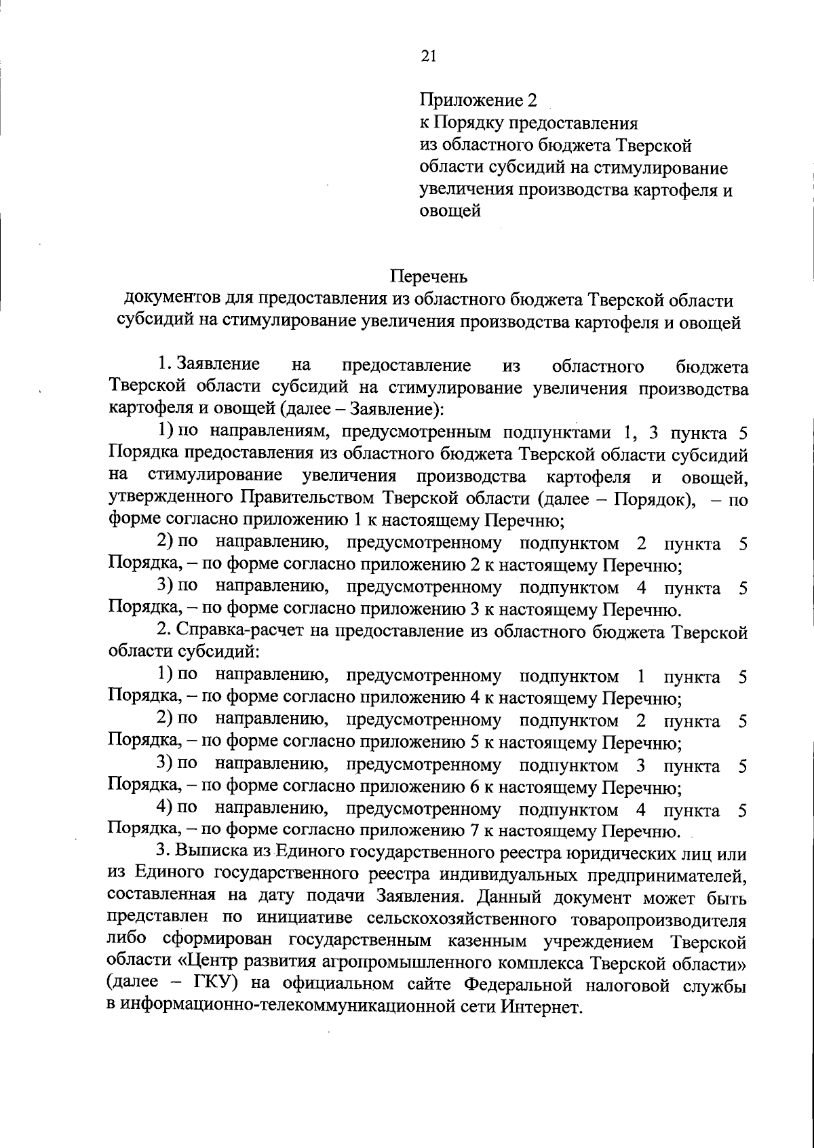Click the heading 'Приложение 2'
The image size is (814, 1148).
pos(478,100)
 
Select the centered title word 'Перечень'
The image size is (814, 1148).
pos(429,277)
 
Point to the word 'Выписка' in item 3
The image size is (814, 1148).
pos(210,853)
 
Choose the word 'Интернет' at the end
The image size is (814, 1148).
pos(542,1007)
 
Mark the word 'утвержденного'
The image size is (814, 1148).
pos(170,499)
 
